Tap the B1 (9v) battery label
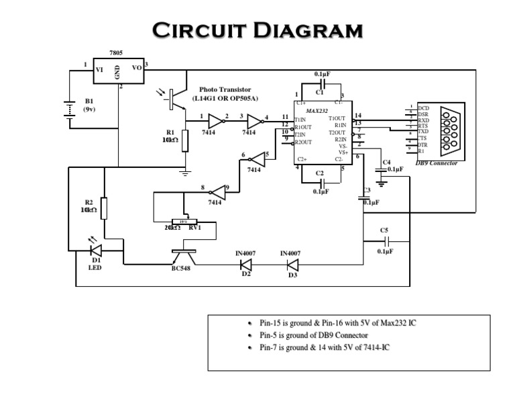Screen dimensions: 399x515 point(89,104)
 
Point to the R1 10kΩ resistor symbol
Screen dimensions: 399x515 point(185,140)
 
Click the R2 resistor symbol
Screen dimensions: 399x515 point(103,208)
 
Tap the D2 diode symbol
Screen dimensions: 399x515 point(245,264)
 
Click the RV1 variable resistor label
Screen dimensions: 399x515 point(195,228)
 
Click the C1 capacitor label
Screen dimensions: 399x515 point(319,91)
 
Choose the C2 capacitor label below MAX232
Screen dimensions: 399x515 point(319,173)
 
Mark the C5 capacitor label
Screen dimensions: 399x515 point(384,230)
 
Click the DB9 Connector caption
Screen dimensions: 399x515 point(437,163)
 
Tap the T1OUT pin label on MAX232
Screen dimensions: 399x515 point(337,118)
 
